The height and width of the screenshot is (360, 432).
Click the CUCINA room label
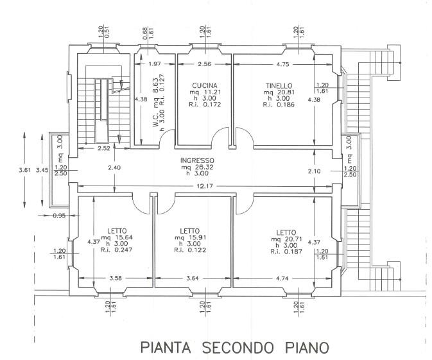(x=204, y=85)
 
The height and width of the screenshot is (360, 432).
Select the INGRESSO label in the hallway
(x=197, y=160)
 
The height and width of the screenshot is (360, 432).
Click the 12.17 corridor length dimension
(x=204, y=187)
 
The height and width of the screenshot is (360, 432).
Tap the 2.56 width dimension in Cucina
(x=205, y=64)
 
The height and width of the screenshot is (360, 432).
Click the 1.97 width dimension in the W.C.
(x=153, y=64)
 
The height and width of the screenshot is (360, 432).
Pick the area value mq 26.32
(x=197, y=167)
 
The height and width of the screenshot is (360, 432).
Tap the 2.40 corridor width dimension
(x=113, y=168)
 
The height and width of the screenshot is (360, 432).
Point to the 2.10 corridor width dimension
(x=315, y=171)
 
